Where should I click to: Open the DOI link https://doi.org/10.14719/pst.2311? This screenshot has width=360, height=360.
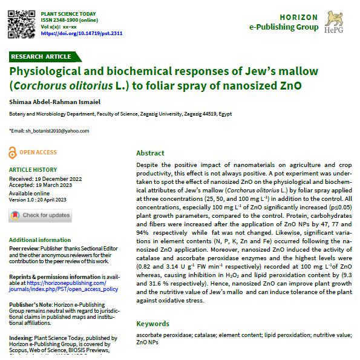click(82, 34)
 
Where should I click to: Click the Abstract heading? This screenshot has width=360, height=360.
click(150, 153)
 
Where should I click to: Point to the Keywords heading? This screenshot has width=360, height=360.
click(153, 324)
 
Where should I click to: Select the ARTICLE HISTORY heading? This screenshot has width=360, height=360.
click(33, 170)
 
